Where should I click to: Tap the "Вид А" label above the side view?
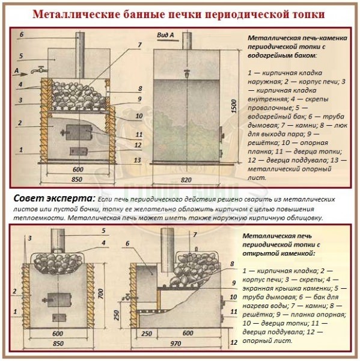pos(165,35)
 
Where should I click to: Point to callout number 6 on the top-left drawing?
pos(22,35)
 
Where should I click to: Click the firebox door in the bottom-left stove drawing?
pos(56,299)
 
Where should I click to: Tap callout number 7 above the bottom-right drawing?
pos(195,234)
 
